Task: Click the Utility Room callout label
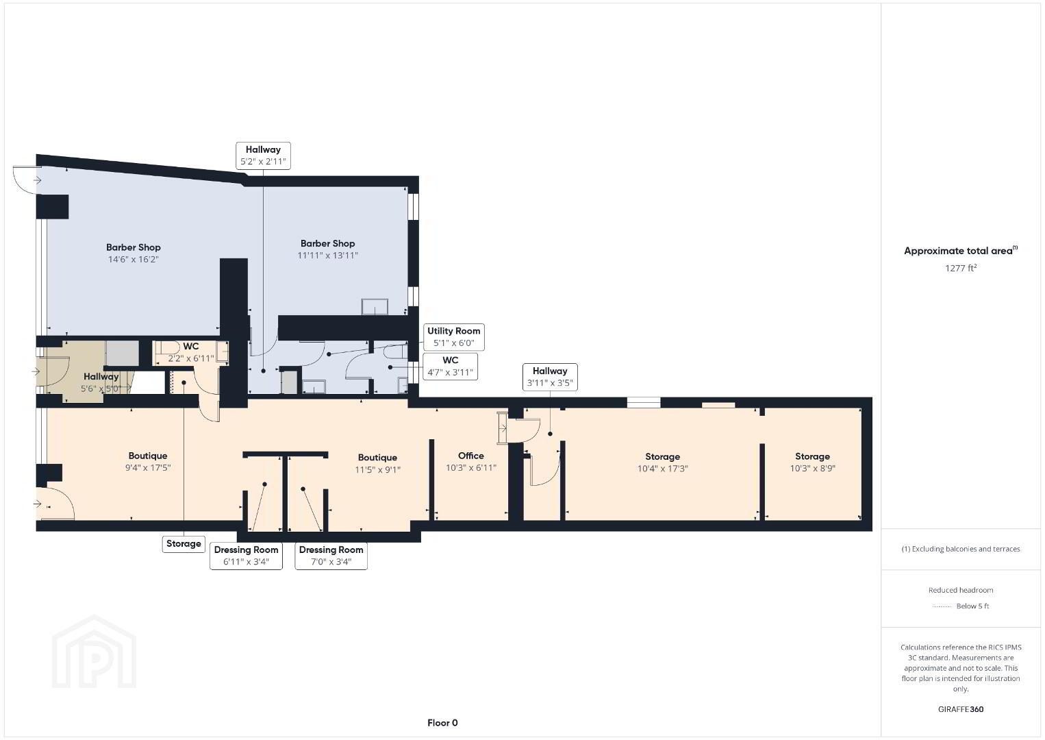453,336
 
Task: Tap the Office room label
470,456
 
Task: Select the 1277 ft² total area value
961,268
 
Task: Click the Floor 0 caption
442,723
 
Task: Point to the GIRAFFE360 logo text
961,709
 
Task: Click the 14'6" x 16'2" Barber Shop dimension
134,259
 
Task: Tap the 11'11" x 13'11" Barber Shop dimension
327,256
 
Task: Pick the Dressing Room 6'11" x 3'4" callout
246,556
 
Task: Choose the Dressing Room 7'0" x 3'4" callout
331,556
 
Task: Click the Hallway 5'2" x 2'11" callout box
263,156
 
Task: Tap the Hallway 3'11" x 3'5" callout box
550,377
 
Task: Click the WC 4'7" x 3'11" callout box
450,366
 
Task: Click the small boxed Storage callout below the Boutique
184,544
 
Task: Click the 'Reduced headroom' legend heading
961,590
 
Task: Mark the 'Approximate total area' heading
961,251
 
